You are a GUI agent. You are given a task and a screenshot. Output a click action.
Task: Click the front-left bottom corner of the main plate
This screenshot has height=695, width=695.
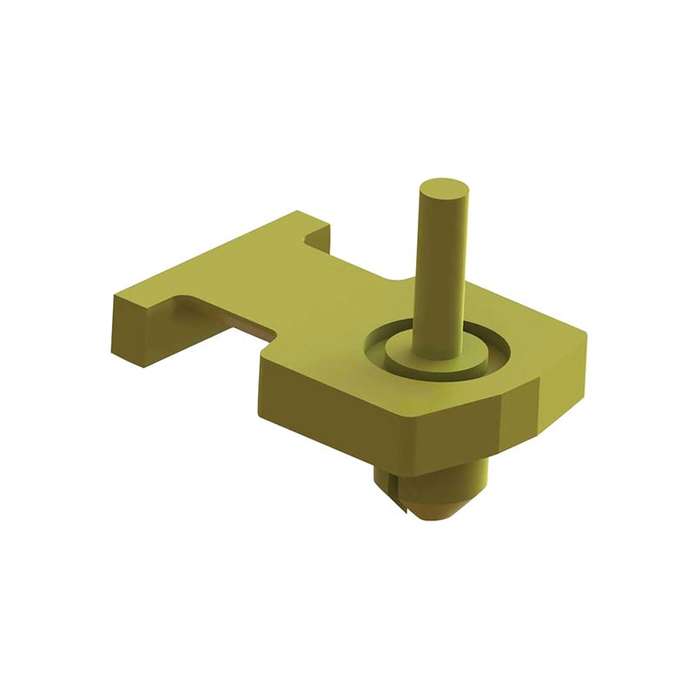point(261,413)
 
